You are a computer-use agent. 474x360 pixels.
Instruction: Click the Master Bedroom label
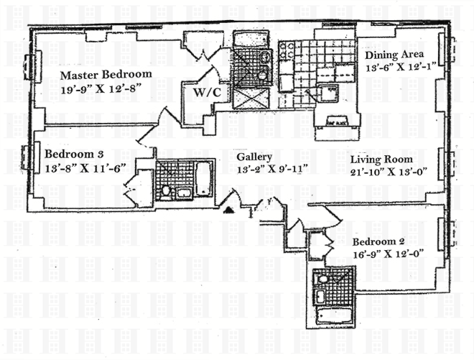(x=106, y=75)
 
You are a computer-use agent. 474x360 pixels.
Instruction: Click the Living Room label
(x=381, y=159)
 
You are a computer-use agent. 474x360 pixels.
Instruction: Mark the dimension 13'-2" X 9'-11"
(x=257, y=170)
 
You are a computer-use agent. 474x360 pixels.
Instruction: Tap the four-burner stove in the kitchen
(x=287, y=50)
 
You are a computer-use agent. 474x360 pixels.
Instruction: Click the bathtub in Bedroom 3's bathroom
(x=203, y=177)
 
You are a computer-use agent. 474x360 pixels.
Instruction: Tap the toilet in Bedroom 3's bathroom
(x=166, y=190)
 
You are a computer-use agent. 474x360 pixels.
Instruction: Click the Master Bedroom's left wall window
(x=29, y=66)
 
